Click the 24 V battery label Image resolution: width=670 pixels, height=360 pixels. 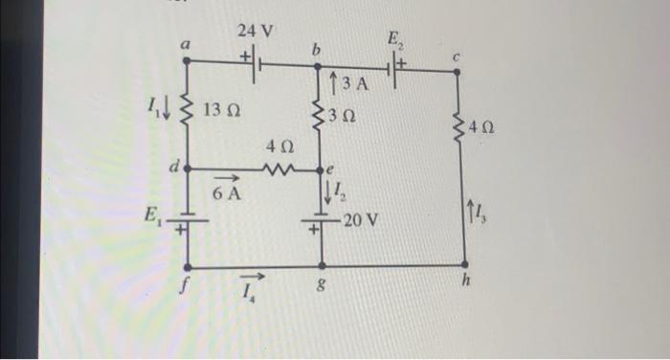pos(256,31)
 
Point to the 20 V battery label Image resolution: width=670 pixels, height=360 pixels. pos(361,220)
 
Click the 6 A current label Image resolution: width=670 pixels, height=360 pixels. pos(227,193)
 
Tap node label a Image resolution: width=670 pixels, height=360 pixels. pos(187,44)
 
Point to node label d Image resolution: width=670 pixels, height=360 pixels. pos(173,166)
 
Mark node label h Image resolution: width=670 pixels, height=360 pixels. pos(465,281)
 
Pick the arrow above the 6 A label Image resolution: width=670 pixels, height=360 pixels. pos(226,178)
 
